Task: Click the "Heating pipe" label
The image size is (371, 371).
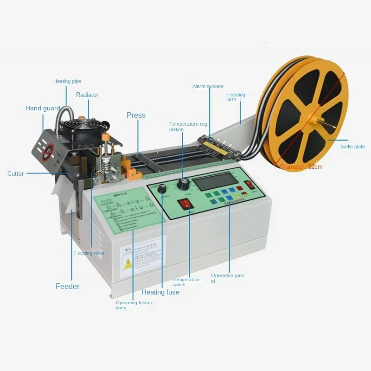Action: [x=67, y=82]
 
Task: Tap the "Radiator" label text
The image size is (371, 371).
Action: [x=87, y=95]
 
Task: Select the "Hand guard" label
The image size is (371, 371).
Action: [x=43, y=109]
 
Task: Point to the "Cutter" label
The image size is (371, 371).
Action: [x=15, y=174]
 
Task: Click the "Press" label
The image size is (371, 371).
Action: [x=136, y=115]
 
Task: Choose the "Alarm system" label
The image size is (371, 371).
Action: [x=208, y=87]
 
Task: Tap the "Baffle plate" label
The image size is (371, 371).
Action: [x=352, y=147]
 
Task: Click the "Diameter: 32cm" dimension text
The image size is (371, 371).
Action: [x=301, y=167]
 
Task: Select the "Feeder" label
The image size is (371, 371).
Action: [x=68, y=286]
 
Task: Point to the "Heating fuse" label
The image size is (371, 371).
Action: [x=160, y=292]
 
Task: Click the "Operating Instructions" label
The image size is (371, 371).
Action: [x=135, y=305]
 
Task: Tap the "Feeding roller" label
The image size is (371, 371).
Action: [x=90, y=253]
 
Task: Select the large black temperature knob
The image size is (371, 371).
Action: [x=182, y=185]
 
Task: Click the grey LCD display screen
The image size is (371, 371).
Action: [x=215, y=180]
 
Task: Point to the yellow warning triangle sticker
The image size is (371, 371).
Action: [x=128, y=264]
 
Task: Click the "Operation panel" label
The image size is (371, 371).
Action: [x=227, y=278]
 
